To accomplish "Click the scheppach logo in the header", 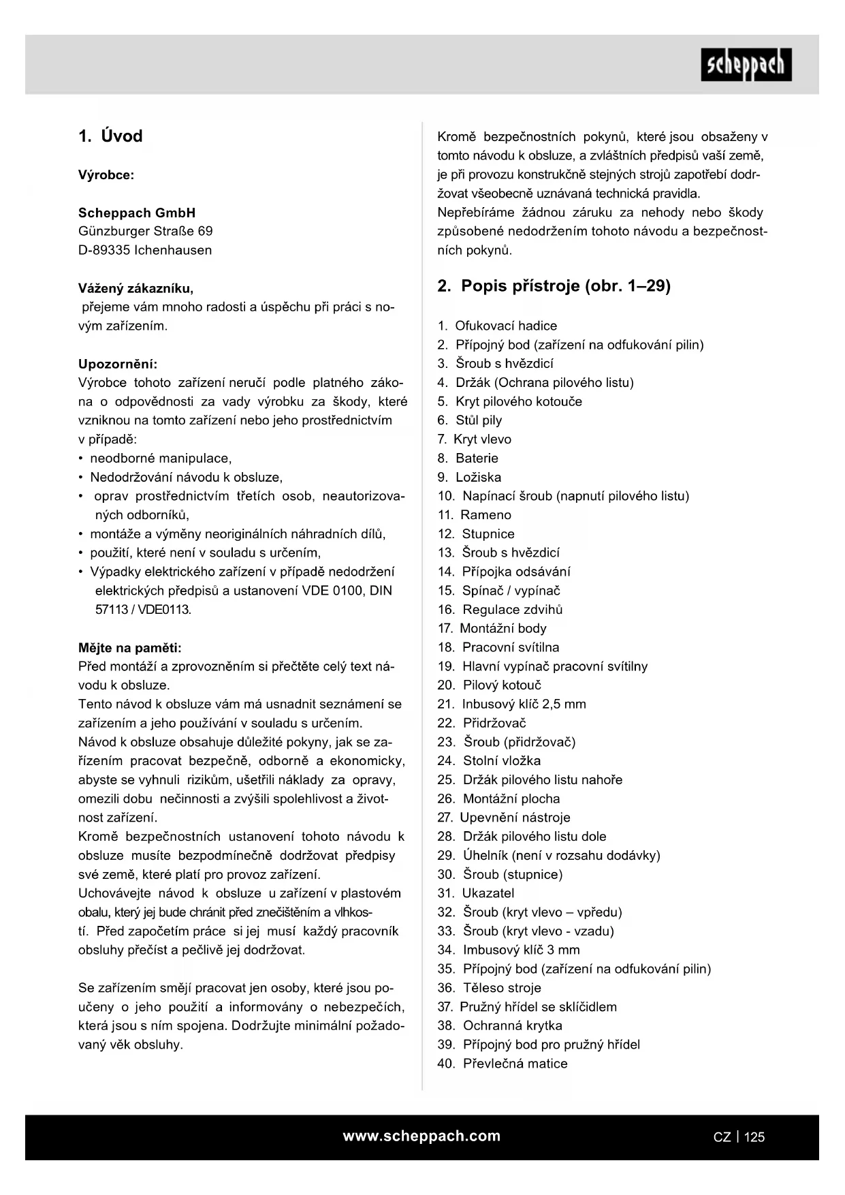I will point(746,65).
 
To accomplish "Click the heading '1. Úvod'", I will point(110,136).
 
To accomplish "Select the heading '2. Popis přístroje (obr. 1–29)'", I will point(554,286).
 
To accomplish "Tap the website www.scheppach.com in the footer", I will point(421,1136).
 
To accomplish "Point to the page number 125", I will point(754,1136).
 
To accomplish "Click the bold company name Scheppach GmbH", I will point(137,213).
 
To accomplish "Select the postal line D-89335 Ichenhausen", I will point(145,250).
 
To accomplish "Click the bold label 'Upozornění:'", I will point(118,364).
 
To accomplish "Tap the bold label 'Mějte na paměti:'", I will point(130,647).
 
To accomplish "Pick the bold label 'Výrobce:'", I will point(106,175).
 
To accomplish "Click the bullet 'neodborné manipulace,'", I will point(161,459).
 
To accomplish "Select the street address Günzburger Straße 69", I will point(146,231).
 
